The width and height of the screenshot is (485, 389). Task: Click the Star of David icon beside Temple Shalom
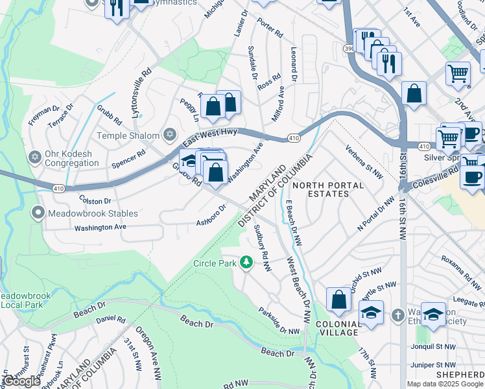pyautogui.click(x=170, y=136)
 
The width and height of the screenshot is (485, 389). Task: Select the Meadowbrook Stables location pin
pyautogui.click(x=39, y=213)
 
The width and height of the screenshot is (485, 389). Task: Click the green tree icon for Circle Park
pyautogui.click(x=246, y=263)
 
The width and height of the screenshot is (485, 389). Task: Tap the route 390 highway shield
pyautogui.click(x=348, y=49)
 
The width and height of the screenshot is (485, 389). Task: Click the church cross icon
pyautogui.click(x=397, y=314)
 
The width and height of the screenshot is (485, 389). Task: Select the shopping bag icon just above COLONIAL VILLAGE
pyautogui.click(x=338, y=300)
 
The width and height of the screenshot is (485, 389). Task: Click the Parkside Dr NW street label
pyautogui.click(x=279, y=321)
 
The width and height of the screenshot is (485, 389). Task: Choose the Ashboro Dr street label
pyautogui.click(x=211, y=216)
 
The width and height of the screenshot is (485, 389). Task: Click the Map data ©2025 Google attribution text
pyautogui.click(x=445, y=384)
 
